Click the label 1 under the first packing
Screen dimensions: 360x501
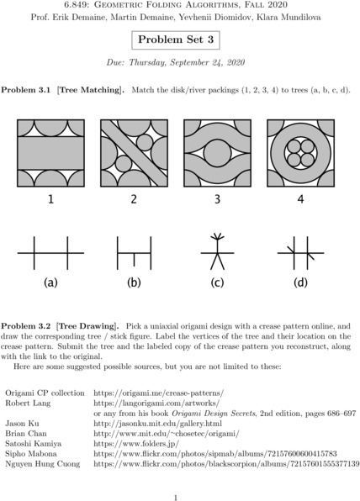(x=50, y=200)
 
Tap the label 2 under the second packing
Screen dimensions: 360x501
(x=134, y=200)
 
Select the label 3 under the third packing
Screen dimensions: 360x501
(x=217, y=200)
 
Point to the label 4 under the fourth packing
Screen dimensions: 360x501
(x=300, y=200)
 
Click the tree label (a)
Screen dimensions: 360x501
(x=50, y=282)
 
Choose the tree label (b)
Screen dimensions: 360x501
(x=134, y=282)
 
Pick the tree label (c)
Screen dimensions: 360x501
(x=217, y=282)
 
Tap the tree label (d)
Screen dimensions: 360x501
(x=300, y=282)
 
